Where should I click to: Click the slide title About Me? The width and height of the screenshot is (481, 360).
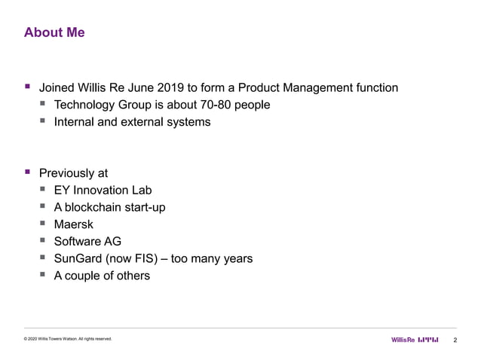coord(54,33)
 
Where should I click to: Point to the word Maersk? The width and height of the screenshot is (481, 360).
coord(73,224)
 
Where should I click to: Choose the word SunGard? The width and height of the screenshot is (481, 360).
coord(80,258)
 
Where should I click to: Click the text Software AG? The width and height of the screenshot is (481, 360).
coord(87,241)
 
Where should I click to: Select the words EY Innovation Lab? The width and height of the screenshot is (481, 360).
coord(103,190)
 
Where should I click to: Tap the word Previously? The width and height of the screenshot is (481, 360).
coord(66,172)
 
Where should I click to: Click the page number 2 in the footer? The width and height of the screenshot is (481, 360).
coord(455,340)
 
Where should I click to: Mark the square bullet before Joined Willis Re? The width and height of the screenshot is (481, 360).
coord(28,88)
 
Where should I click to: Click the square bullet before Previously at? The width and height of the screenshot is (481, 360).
coord(28,172)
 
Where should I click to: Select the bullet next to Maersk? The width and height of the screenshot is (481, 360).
coord(44,224)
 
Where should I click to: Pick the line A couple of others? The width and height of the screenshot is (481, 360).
coord(102,275)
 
